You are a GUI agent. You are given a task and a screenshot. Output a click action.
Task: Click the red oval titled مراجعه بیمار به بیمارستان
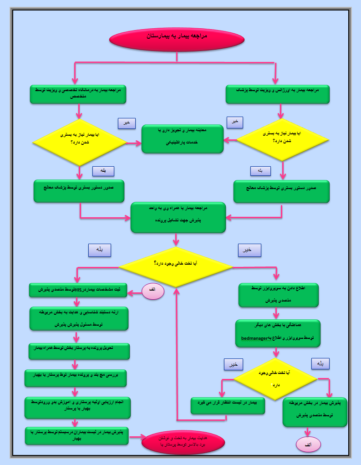[177, 39]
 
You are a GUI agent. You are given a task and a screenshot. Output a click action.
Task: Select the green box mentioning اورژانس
[278, 94]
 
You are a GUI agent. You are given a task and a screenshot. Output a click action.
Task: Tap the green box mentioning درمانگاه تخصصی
[78, 94]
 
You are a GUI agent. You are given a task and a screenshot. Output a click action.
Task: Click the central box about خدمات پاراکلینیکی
[183, 138]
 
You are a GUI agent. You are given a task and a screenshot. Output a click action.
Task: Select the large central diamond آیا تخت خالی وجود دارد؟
[175, 267]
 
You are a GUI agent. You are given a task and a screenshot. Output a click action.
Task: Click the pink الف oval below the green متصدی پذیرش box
[309, 444]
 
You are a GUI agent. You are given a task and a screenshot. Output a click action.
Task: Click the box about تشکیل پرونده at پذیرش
[178, 217]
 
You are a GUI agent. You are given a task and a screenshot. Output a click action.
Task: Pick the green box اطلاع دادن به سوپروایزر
[279, 295]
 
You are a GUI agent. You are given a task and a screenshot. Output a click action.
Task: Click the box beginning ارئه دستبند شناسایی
[79, 318]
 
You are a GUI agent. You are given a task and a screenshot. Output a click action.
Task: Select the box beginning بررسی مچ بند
[76, 378]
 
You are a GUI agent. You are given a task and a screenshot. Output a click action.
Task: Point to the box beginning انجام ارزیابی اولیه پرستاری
[77, 407]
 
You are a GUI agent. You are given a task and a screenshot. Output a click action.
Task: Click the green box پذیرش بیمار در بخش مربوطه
[315, 412]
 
